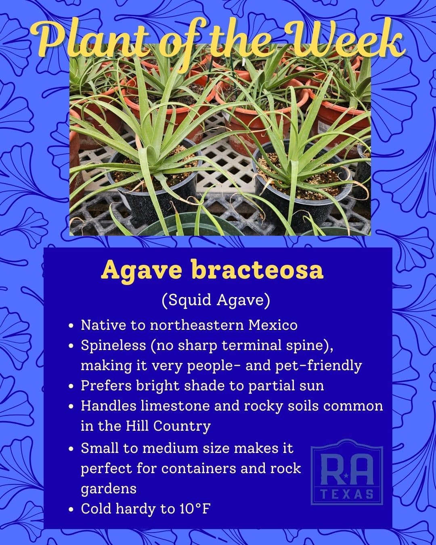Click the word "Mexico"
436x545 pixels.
point(272,325)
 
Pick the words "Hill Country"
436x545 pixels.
point(168,427)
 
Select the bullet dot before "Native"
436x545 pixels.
point(72,326)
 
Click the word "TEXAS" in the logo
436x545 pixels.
point(347,494)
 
